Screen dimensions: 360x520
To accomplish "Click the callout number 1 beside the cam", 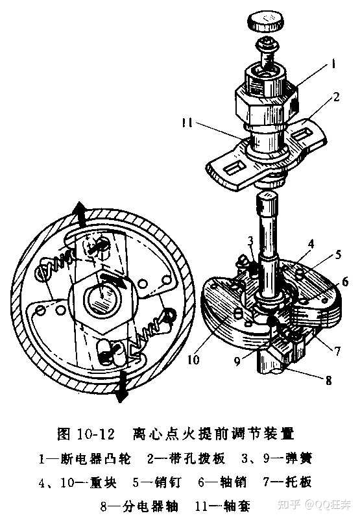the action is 333,64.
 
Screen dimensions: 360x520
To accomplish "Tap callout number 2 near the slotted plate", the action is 336,97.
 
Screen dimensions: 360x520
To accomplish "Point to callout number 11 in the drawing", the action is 187,123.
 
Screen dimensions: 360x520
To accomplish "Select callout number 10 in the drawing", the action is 193,359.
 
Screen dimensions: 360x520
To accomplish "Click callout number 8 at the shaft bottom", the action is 328,380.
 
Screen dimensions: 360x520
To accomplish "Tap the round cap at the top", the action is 266,21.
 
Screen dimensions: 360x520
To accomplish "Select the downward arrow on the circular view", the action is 122,386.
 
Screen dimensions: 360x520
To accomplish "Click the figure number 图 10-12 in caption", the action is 86,434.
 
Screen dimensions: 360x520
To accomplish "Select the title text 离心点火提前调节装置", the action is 213,434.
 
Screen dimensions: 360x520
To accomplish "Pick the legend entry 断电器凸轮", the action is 96,459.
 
